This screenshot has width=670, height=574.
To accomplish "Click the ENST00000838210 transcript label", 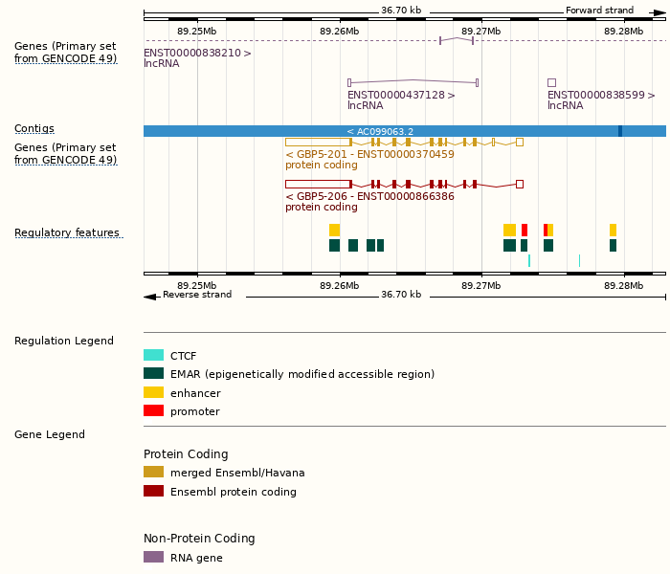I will coord(197,54).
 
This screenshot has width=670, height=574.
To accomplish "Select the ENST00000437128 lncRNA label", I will coord(401,95).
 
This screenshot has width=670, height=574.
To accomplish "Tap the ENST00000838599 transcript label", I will coord(601,95).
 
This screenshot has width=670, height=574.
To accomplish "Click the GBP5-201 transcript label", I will coord(369,154).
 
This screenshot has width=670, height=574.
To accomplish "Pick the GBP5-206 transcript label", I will coord(369,196).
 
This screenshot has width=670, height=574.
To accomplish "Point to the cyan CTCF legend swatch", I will coord(153,355).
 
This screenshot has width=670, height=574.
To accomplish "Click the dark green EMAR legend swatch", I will coord(153,374).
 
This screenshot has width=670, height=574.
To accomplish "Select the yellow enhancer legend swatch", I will coord(153,392).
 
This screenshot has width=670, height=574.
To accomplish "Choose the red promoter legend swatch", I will coord(153,411).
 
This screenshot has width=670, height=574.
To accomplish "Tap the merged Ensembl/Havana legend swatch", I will coord(153,472).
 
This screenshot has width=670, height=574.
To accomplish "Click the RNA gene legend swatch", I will coord(153,557).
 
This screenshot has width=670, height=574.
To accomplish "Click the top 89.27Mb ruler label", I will coord(480,31).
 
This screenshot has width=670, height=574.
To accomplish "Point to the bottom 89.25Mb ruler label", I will coord(196,285).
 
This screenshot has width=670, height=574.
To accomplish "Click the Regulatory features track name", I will coord(67,232).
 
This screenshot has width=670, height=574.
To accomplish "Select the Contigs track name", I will coord(34,128).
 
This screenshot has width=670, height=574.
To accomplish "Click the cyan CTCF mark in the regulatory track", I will coord(529,260).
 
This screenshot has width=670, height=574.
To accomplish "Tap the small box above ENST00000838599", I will coord(551,82).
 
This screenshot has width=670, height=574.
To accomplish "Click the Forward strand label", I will coord(599,11).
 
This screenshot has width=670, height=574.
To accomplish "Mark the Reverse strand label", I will coord(197,295).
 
